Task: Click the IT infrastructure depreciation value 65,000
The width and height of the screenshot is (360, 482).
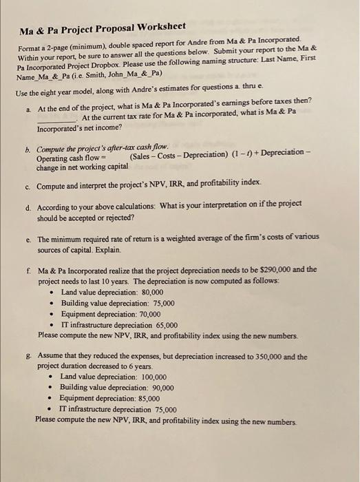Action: click(x=167, y=324)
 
